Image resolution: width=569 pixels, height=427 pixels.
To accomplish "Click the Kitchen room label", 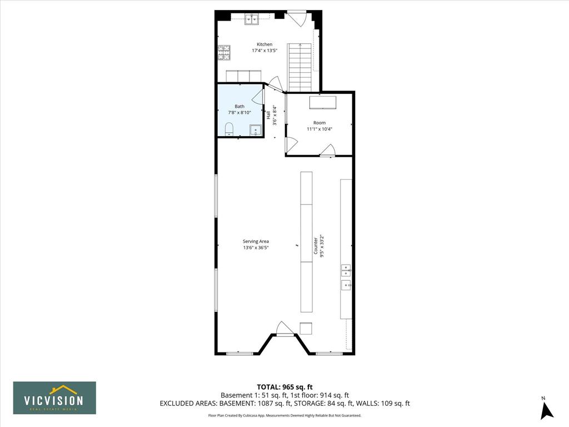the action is pos(264,44).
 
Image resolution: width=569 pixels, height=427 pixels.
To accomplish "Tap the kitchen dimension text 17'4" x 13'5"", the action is pos(264,51).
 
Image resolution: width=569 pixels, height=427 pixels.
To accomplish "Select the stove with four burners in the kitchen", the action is pos(224,52).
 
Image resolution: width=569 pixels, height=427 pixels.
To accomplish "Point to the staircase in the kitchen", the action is pos(300,67).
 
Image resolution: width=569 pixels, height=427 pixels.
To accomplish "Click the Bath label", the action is pos(239,106).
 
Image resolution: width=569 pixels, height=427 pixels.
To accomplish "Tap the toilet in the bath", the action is pos(229,129).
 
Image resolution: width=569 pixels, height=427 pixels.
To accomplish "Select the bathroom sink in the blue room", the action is pos(256,130).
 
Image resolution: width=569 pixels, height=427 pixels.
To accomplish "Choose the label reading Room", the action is pos(320,123).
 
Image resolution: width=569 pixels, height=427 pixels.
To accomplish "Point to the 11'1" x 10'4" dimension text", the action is pos(320,129).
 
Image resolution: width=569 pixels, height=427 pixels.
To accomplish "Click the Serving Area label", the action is pos(256,241).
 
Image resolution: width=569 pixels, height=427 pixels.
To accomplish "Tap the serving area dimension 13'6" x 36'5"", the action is pos(256,248).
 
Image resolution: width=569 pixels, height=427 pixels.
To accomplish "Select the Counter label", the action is pos(316,246).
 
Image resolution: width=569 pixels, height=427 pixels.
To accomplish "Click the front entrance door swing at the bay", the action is pos(284,327).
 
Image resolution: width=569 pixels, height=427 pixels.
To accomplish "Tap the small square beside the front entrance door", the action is pos(306,328).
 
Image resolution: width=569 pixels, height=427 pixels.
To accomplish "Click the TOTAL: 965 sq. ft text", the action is pos(284,387).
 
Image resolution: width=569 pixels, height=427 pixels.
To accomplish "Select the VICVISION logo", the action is pos(55,398).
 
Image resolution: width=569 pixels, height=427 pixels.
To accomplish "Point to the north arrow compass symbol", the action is pos(547,410).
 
